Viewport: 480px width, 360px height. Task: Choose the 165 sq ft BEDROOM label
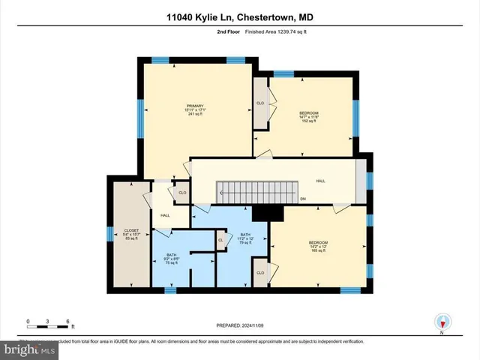click(x=318, y=247)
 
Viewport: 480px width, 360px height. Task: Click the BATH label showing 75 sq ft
click(x=172, y=259)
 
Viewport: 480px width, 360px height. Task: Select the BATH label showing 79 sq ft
click(x=244, y=238)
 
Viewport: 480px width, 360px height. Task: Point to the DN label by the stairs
click(x=304, y=199)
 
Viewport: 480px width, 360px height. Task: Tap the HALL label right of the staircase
click(x=320, y=181)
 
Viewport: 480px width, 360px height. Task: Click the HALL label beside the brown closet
click(x=164, y=214)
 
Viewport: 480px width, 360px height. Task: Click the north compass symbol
click(x=442, y=322)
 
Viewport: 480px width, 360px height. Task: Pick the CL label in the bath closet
click(x=220, y=241)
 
